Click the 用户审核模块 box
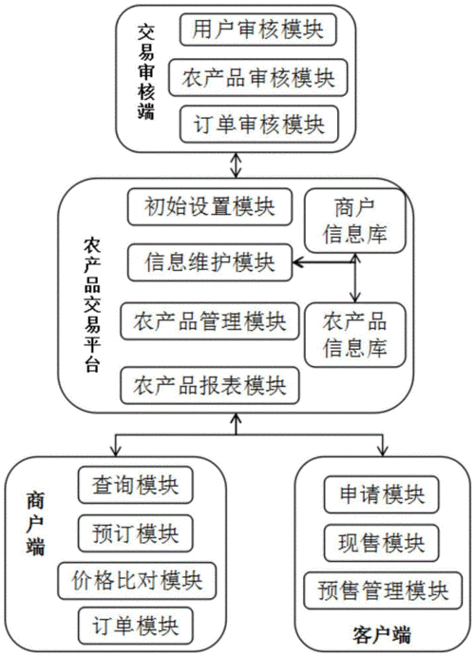tap(252, 29)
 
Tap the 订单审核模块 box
tap(252, 123)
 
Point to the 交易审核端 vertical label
tap(145, 75)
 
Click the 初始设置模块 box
tap(210, 206)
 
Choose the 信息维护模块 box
tap(210, 261)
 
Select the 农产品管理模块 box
tap(210, 320)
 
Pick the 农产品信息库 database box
tap(353, 332)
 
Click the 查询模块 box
tap(136, 484)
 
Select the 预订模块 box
tap(136, 531)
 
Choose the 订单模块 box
tap(136, 625)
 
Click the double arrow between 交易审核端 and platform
tap(248, 165)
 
